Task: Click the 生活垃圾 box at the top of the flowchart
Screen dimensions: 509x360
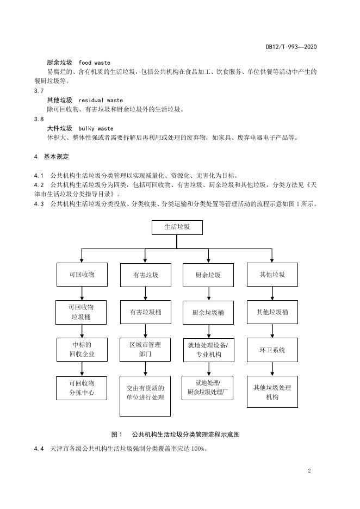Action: pos(177,227)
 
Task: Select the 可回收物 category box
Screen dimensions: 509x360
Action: pos(82,275)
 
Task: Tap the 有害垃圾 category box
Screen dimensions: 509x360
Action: pos(145,275)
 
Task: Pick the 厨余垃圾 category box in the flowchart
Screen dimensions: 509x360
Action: pos(208,275)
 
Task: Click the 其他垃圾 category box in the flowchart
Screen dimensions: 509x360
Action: pos(272,275)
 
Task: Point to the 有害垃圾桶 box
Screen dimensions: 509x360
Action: pos(145,313)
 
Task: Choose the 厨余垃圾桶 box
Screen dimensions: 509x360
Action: pos(208,313)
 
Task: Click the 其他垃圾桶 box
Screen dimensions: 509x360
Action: pos(272,313)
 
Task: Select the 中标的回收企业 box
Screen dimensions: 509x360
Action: pos(82,350)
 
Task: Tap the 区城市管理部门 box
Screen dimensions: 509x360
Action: pos(145,350)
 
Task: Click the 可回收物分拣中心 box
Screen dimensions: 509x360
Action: pos(82,388)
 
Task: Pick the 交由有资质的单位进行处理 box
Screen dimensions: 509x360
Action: pos(145,393)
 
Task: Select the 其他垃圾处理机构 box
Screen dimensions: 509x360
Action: pos(272,392)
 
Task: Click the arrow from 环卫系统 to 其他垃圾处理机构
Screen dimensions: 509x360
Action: pos(272,370)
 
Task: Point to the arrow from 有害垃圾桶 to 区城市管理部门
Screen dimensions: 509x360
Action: pos(145,331)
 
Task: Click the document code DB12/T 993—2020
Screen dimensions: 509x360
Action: pos(291,47)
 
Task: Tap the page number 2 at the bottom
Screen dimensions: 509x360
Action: pos(309,471)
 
